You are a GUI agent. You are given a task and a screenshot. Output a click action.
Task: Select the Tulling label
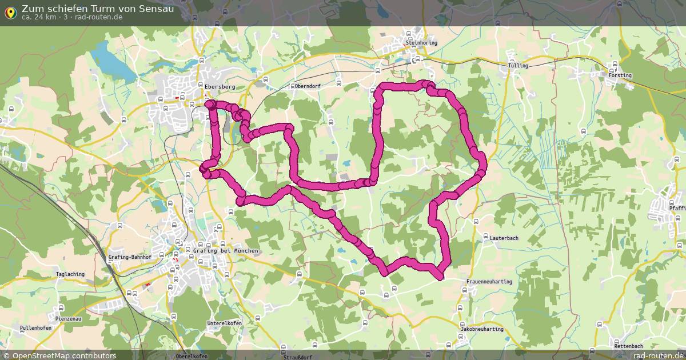click(518, 66)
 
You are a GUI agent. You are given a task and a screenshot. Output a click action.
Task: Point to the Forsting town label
click(620, 75)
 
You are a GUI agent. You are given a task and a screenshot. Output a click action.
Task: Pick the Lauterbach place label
click(504, 238)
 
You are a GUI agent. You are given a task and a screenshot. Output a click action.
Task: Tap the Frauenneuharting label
click(489, 282)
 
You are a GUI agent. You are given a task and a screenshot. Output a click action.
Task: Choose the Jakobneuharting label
click(482, 329)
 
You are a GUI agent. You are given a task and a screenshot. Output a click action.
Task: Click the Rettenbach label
click(628, 346)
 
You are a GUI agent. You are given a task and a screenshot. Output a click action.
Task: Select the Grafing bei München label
click(226, 251)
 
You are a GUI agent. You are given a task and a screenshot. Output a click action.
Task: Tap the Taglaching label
click(70, 274)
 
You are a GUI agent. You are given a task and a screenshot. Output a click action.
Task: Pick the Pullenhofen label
click(35, 328)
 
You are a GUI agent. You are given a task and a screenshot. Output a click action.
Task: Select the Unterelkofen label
click(224, 323)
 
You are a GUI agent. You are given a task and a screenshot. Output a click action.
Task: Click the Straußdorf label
click(298, 357)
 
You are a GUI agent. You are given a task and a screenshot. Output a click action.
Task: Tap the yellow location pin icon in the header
click(10, 13)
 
